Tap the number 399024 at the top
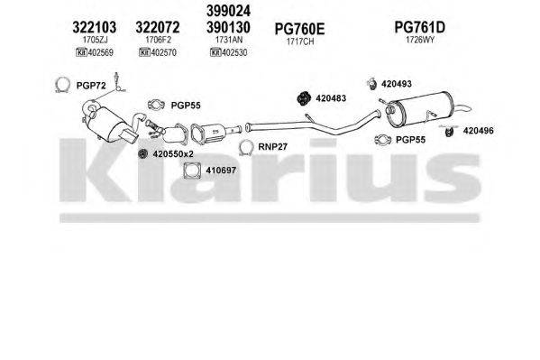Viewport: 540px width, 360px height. click(230, 12)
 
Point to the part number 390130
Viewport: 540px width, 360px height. click(230, 28)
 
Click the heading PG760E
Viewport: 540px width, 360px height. click(297, 28)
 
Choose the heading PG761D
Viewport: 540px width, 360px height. click(420, 28)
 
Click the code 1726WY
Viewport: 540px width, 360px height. click(419, 41)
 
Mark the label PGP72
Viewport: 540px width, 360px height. click(92, 85)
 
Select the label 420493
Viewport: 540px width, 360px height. click(397, 84)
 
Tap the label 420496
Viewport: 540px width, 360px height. click(478, 131)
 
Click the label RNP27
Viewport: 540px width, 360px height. click(272, 145)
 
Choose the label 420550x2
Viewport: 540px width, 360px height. click(172, 155)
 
